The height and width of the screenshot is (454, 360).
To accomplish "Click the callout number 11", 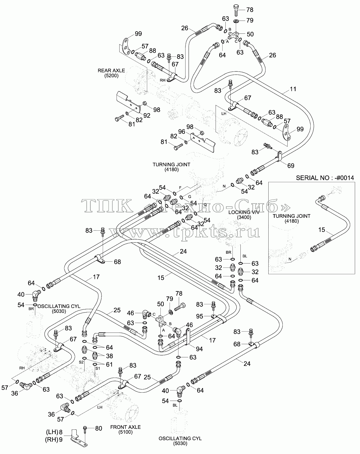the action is click(x=293, y=89).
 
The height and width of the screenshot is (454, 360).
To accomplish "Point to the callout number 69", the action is click(x=291, y=166).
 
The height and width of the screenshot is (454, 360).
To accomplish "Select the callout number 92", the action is click(x=147, y=115).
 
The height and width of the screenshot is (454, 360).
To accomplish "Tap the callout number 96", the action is click(x=182, y=132).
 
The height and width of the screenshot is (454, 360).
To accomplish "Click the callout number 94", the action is click(x=199, y=349).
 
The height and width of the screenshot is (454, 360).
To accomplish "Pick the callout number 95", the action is click(x=200, y=316).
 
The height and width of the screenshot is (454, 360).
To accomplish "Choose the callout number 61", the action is click(x=109, y=364).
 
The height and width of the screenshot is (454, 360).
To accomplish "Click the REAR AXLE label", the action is click(x=111, y=71).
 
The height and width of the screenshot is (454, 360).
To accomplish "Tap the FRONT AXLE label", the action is click(x=125, y=427).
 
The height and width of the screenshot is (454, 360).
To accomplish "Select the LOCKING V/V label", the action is click(x=244, y=212).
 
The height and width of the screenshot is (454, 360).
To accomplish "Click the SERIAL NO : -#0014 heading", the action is click(x=325, y=178).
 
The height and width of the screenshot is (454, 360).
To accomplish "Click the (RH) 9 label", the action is click(x=54, y=440).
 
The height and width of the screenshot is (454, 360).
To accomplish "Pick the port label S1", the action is click(x=98, y=368).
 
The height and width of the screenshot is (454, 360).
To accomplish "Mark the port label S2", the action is click(x=81, y=362).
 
